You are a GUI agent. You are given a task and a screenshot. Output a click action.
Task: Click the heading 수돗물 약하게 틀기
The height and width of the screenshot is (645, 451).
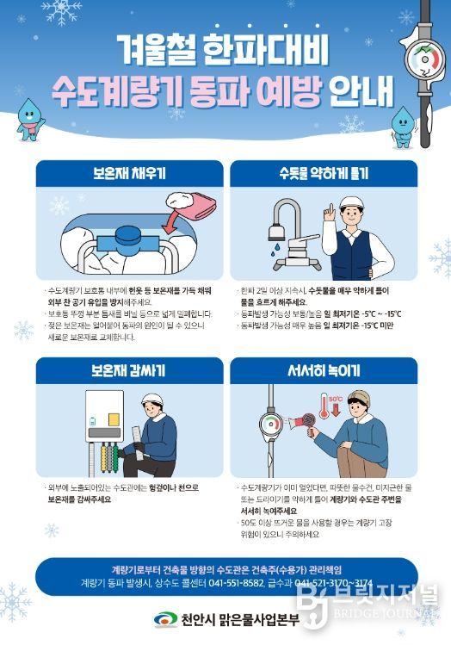click(x=323, y=172)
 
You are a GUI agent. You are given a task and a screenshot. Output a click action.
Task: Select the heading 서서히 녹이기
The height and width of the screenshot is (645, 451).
click(x=323, y=370)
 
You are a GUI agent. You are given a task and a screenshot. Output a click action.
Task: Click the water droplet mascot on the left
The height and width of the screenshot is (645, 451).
click(x=31, y=117)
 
